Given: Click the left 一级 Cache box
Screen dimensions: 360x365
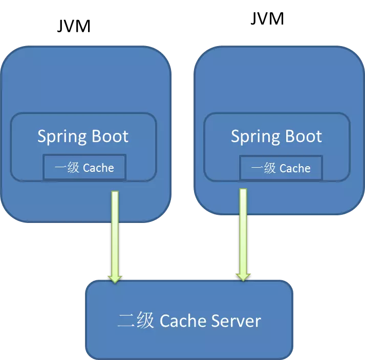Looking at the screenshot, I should (84, 168).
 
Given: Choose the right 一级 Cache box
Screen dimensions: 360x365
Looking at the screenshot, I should (281, 168).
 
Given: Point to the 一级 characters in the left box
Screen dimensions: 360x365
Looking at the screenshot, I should (67, 168).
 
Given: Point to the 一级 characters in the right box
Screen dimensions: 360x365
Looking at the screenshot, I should (263, 168).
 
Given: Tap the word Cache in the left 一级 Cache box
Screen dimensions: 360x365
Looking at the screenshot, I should (98, 168).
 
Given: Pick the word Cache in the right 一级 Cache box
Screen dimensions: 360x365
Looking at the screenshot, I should (295, 168).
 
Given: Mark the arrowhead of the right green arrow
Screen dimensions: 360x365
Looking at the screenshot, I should (243, 276).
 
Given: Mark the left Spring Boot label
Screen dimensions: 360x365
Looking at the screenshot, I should (83, 137).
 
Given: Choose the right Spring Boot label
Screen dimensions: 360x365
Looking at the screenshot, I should (276, 137).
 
